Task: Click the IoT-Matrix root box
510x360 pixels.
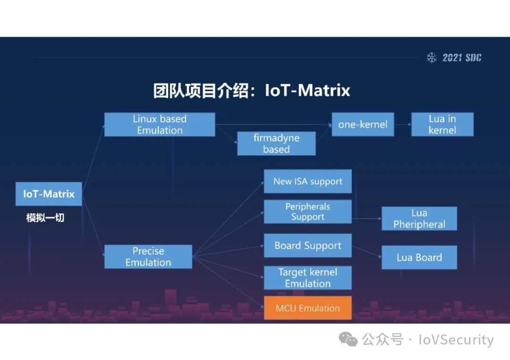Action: (49, 194)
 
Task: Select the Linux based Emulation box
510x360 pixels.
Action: (160, 125)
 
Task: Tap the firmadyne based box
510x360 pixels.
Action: (276, 143)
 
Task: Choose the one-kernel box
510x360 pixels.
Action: (363, 125)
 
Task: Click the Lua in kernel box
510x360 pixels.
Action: (442, 125)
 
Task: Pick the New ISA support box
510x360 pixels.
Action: (307, 182)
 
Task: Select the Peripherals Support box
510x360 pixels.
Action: (307, 212)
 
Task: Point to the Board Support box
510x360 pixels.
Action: (307, 246)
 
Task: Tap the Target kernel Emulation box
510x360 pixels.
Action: (307, 278)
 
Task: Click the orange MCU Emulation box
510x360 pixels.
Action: (307, 308)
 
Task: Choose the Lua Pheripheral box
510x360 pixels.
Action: (419, 218)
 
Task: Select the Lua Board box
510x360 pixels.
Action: (419, 258)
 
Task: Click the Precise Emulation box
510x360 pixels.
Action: (148, 257)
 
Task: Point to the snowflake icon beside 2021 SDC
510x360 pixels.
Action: (432, 58)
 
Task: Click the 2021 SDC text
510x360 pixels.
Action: (462, 58)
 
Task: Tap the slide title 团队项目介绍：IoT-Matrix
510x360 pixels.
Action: (252, 91)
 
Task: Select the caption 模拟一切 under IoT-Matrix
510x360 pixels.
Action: (45, 218)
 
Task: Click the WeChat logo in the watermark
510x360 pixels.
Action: (349, 339)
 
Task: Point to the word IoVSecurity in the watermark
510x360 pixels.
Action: (456, 340)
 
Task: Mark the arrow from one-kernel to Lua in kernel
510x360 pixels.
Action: (402, 125)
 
